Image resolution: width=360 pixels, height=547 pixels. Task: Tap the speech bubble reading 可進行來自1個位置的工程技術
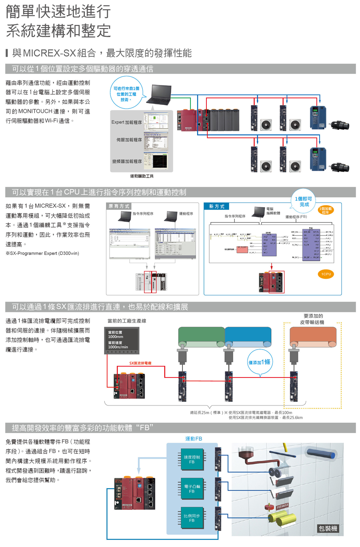pos(126,94)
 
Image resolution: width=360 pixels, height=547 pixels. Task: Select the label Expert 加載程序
pos(126,122)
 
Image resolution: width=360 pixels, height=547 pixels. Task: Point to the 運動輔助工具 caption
pos(142,176)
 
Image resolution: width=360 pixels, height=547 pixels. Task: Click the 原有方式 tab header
pos(119,206)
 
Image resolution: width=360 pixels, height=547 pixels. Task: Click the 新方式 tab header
pos(217,206)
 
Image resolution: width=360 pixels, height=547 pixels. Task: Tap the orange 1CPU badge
pos(326,274)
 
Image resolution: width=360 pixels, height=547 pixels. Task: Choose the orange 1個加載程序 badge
pos(326,210)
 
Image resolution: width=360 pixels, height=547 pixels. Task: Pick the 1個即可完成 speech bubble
pos(304,202)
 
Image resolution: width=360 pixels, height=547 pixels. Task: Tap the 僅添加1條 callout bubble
pos(260,362)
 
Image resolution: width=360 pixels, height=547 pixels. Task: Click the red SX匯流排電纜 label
pos(140,363)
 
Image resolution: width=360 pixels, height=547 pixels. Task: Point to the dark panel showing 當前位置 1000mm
pos(122,340)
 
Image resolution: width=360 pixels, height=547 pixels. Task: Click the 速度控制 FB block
pos(192,459)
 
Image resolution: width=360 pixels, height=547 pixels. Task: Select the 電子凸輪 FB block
pos(192,489)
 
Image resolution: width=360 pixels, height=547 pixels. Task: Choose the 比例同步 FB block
pos(192,518)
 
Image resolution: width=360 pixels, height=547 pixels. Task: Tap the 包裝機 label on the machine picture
pos(328,528)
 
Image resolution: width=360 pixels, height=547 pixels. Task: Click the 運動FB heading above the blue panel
pos(194,439)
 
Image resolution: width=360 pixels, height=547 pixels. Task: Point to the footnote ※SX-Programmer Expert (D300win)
pos(42,254)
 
